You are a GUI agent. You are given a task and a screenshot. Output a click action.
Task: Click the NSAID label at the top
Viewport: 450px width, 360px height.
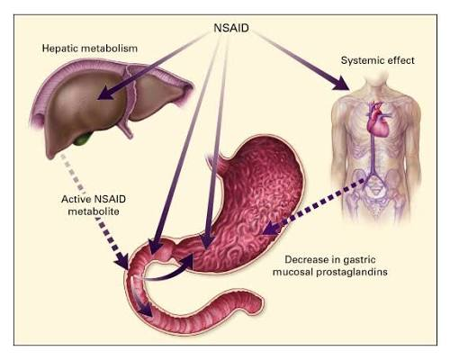click(231, 28)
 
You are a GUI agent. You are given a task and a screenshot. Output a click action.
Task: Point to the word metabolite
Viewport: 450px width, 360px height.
click(94, 211)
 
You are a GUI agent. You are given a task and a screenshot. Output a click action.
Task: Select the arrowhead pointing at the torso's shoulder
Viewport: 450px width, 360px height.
click(342, 83)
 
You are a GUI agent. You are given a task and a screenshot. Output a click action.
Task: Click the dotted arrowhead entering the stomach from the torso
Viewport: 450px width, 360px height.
click(271, 229)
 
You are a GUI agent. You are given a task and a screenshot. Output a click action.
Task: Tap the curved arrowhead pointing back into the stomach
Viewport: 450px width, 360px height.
click(186, 261)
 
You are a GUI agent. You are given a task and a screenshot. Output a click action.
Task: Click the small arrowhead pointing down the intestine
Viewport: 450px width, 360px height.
click(147, 310)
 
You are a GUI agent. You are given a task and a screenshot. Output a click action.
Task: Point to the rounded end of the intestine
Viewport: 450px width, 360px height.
click(258, 303)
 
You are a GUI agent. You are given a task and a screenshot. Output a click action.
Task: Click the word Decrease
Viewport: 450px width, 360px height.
click(304, 259)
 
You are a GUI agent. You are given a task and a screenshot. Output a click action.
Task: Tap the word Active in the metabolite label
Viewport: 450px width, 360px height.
click(76, 199)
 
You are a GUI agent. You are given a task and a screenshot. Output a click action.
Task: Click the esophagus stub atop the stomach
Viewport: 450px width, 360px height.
click(214, 162)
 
